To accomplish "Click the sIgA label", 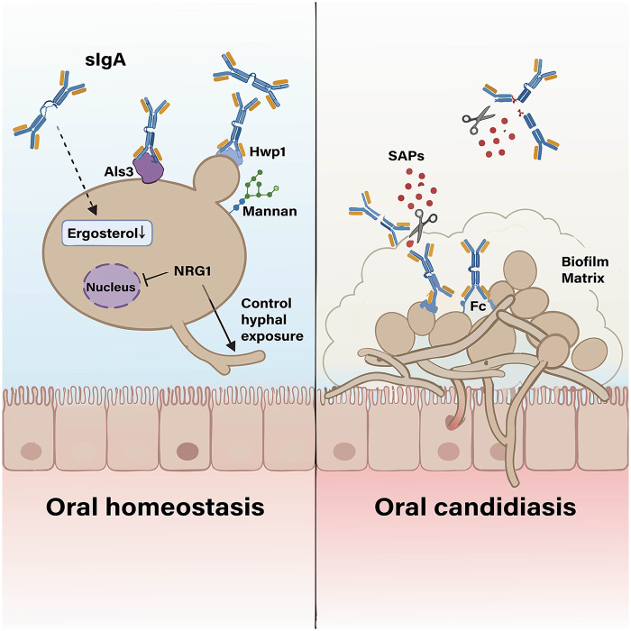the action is (105, 60).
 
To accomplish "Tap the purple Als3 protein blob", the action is (149, 169).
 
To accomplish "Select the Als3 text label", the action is (119, 172).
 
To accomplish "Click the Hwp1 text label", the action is (268, 151).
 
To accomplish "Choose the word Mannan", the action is (270, 211).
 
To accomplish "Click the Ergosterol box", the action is (106, 233).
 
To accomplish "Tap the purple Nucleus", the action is (112, 286).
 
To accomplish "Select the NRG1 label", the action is (192, 271).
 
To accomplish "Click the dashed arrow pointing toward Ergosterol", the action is (76, 169).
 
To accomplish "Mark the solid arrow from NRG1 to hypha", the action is (218, 318).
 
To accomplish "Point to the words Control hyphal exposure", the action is (272, 320).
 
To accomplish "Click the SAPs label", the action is (406, 156).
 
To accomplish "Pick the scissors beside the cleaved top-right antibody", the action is (478, 120).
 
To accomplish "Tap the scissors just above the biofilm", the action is (423, 225).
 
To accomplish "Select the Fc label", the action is (478, 306).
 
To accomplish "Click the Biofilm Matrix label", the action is (585, 270).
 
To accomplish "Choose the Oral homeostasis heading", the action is (155, 507).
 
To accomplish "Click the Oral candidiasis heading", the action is (475, 507).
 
